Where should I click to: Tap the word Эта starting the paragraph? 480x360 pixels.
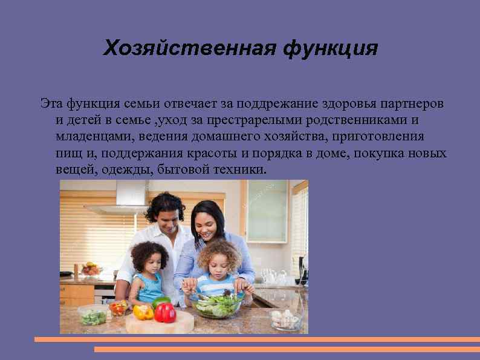[x=52, y=103]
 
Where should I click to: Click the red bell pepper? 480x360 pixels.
[x=164, y=312]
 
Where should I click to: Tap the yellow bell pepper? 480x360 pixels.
[x=143, y=312]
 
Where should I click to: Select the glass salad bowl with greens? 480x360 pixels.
[x=216, y=304]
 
